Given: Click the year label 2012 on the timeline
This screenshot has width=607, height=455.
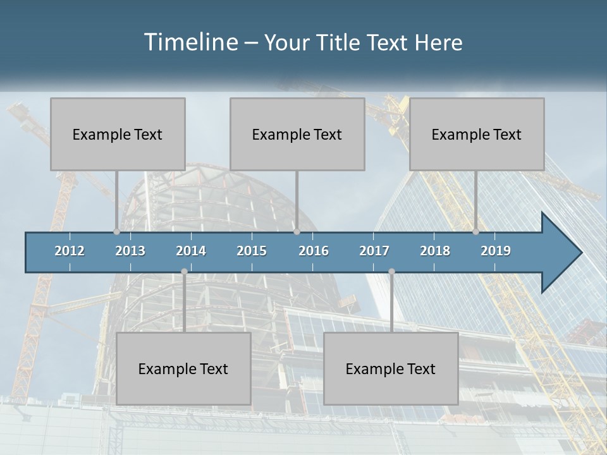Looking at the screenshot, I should (70, 251).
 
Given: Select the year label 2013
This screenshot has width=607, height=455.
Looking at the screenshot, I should (130, 251).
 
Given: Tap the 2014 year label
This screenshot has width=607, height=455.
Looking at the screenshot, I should (191, 251).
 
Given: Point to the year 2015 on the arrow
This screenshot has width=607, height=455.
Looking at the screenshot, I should (252, 251).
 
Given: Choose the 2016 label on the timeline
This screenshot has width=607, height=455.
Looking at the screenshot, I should (314, 251).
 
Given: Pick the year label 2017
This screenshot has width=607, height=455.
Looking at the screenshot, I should (374, 251).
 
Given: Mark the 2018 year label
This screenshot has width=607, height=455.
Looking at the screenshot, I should (435, 251).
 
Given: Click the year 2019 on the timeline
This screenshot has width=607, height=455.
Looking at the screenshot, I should (496, 251).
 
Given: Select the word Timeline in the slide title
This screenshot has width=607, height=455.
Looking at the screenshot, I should (190, 42).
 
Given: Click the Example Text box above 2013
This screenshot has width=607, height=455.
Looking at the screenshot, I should (118, 134).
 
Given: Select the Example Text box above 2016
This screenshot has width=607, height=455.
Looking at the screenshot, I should (297, 134).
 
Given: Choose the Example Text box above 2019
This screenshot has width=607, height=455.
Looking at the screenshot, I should (477, 134).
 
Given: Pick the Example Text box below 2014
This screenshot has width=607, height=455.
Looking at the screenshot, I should (183, 368).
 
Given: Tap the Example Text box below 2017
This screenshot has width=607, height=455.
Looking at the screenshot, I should (391, 368).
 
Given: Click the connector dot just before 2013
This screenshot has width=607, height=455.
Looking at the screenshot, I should (117, 232).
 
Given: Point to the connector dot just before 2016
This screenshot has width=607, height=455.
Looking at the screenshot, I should (297, 232).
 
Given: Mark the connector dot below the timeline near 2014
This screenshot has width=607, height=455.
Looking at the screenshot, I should (184, 272).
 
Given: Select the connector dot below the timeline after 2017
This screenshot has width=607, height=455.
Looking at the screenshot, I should (391, 272).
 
